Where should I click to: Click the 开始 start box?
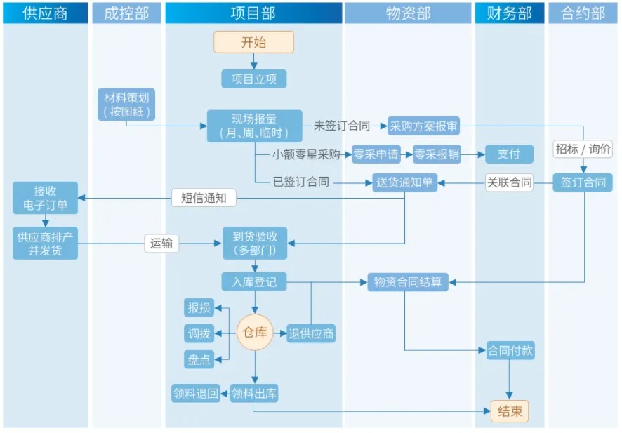(x=253, y=42)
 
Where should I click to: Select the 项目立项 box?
(x=253, y=79)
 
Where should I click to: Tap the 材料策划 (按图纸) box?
(x=127, y=104)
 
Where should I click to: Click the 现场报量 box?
(x=254, y=126)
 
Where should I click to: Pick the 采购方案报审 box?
(x=424, y=126)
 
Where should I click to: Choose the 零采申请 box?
(x=376, y=154)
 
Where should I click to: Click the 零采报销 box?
(x=436, y=154)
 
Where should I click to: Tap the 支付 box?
(x=509, y=154)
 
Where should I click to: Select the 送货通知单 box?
(x=405, y=182)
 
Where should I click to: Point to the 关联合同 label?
(x=509, y=182)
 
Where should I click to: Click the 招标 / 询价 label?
(x=583, y=149)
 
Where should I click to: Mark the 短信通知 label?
(x=204, y=198)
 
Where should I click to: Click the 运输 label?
(x=161, y=244)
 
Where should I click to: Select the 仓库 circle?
(x=254, y=333)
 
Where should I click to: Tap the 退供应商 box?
(x=311, y=333)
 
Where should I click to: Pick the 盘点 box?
(x=199, y=359)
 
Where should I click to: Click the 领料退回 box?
(x=196, y=393)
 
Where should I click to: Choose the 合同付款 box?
(x=510, y=350)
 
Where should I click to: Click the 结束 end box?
(x=510, y=411)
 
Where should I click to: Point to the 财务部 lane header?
(x=510, y=13)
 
